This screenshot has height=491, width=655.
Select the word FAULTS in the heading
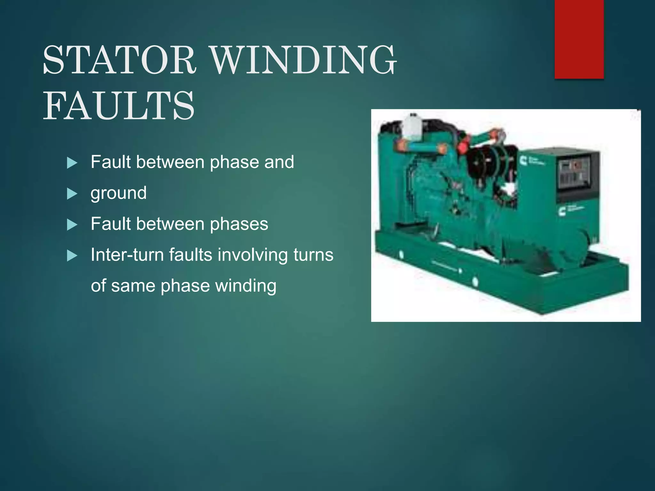tap(119, 106)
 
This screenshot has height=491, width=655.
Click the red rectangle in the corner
tap(579, 39)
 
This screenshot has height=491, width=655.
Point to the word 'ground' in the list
tap(119, 193)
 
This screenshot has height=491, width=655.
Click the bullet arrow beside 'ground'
tap(72, 194)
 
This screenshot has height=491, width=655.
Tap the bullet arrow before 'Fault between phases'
tap(72, 225)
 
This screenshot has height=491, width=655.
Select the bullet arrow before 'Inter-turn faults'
tap(72, 256)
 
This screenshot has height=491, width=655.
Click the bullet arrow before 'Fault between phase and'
tap(72, 163)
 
